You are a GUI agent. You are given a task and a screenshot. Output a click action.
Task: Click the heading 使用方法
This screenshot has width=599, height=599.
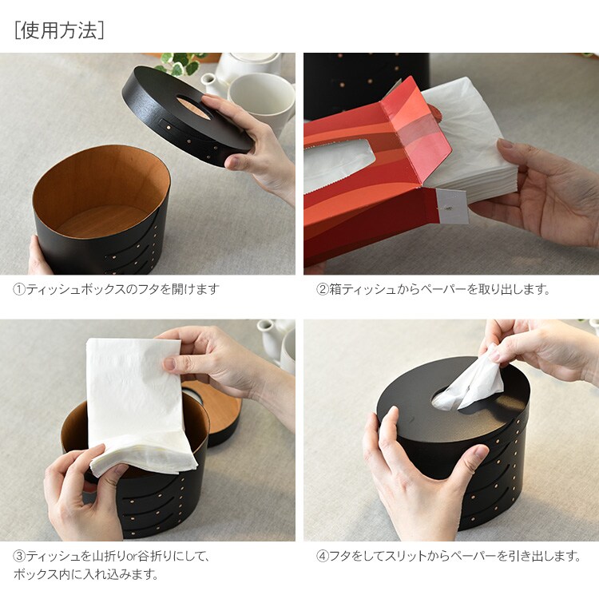click(x=59, y=30)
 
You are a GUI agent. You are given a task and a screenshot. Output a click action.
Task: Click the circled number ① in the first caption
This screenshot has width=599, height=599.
click(x=19, y=289)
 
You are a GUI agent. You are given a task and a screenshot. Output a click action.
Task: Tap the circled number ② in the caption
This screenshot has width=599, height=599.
click(x=323, y=289)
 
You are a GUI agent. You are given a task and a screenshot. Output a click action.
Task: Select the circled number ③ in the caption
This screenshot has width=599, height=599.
click(x=19, y=556)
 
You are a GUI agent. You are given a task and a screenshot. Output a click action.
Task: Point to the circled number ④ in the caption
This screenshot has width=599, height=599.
click(x=323, y=556)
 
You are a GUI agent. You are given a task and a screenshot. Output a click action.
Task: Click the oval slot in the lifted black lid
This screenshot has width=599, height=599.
click(x=193, y=108)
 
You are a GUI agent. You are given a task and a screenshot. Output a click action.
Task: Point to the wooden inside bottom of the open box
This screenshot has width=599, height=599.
click(x=101, y=221)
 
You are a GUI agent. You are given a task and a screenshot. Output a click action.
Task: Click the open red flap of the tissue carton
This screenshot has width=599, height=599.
click(x=416, y=130)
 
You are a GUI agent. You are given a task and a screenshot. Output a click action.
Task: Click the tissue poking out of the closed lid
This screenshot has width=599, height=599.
click(x=468, y=386)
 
